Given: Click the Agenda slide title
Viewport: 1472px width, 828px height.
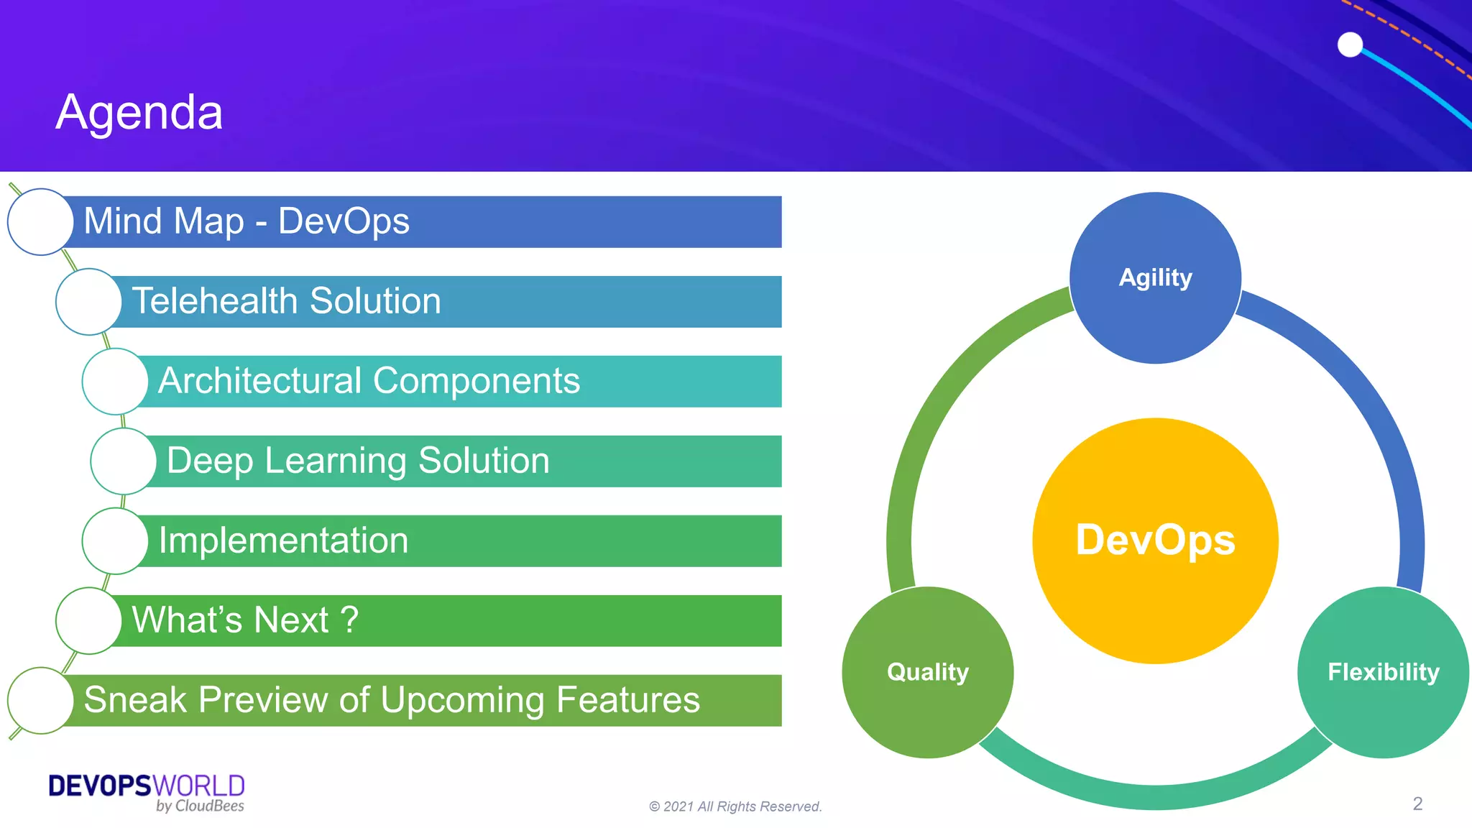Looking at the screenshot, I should (x=139, y=112).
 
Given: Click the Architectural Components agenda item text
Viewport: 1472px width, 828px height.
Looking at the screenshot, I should (x=369, y=380).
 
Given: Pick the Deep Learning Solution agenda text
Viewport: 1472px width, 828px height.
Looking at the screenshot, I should (x=358, y=460).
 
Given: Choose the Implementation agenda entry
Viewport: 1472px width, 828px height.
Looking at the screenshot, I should (x=283, y=540).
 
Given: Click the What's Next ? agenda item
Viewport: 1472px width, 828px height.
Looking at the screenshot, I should (x=245, y=620).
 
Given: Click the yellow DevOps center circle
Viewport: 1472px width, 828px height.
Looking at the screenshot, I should (x=1155, y=540).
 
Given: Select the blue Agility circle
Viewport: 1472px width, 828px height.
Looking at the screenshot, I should (x=1155, y=277).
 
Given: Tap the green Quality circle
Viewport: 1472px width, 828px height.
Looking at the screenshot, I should (x=927, y=672).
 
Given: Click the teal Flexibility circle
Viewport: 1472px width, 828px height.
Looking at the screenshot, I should (x=1383, y=672).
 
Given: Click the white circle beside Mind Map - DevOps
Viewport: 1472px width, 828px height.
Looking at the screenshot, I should (x=40, y=221).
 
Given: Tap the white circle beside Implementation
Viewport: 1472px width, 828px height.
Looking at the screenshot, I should (x=115, y=540).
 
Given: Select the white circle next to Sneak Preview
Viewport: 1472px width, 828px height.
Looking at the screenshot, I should (x=40, y=700).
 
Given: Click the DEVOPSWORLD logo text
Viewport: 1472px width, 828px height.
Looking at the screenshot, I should (x=147, y=786).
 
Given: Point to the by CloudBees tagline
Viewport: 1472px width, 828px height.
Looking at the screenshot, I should (x=200, y=806).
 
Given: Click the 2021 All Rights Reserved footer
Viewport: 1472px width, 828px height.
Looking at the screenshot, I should (x=735, y=806).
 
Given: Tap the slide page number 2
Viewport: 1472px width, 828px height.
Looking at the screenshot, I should (x=1417, y=804).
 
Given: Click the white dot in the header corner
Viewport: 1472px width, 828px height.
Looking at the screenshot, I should (x=1350, y=45).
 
